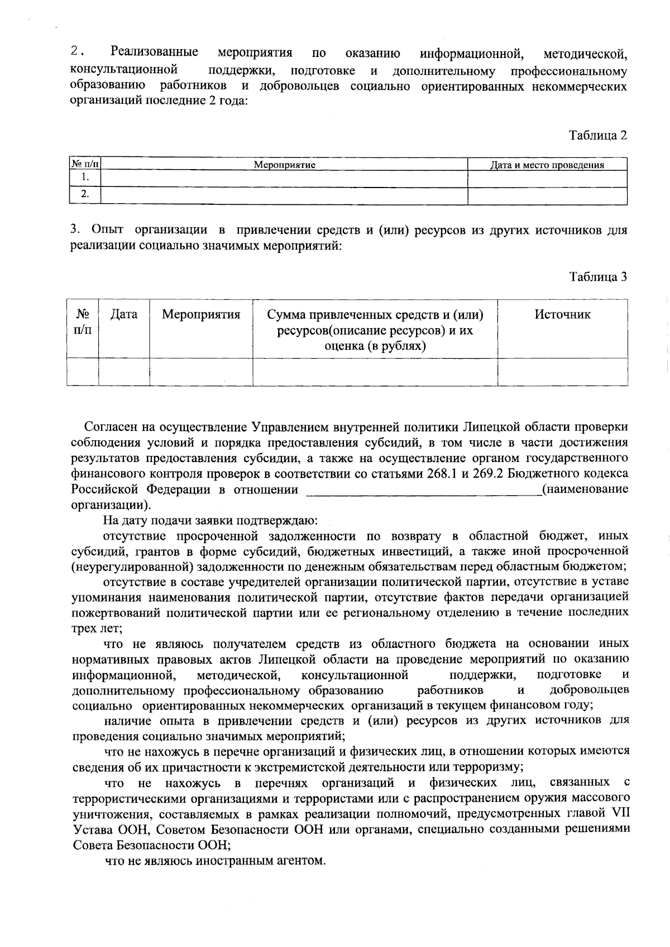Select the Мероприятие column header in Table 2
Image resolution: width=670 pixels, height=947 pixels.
click(x=284, y=165)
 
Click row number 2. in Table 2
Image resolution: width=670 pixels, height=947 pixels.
click(x=85, y=195)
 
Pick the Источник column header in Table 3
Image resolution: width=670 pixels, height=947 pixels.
click(x=562, y=315)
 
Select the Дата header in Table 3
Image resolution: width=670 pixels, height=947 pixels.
click(x=124, y=315)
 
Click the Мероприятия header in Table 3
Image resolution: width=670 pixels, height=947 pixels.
click(x=201, y=315)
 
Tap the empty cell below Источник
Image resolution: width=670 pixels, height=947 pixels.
click(x=562, y=372)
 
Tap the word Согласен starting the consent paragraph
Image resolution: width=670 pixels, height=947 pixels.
click(x=109, y=427)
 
